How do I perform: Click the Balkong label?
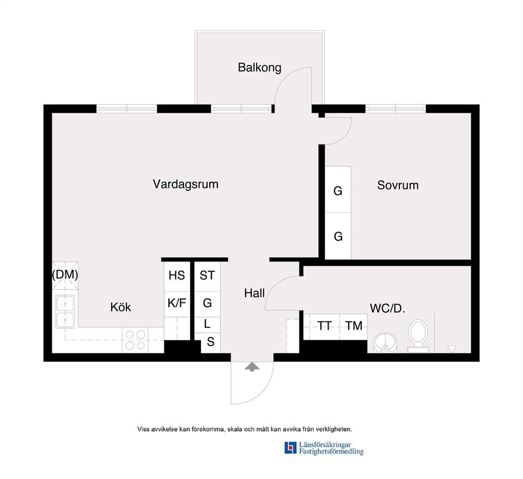tap(259, 68)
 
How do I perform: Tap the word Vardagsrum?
tap(185, 184)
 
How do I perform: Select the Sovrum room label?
tap(398, 185)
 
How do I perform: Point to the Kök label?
tap(120, 307)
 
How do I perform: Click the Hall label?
tap(254, 293)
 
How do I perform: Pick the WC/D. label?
tap(387, 308)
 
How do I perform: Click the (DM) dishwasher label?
tap(65, 275)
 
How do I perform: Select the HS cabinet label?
tap(177, 276)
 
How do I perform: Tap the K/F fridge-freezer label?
tap(177, 303)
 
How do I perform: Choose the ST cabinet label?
tap(207, 276)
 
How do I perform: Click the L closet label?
tap(207, 324)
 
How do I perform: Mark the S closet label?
tap(210, 343)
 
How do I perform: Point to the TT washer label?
tap(325, 326)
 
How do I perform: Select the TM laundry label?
tap(354, 326)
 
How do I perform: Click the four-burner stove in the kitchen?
tap(135, 339)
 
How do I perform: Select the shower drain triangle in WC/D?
tap(451, 348)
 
